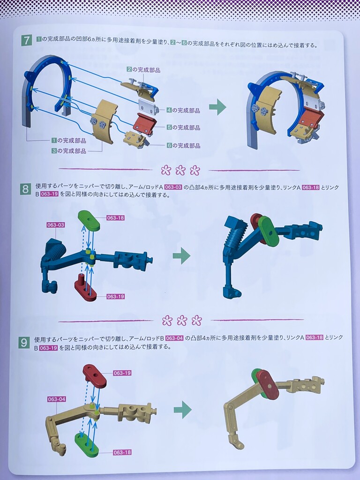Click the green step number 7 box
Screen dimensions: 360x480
(x=27, y=40)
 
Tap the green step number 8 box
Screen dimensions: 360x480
(x=25, y=189)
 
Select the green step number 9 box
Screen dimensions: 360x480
(x=24, y=342)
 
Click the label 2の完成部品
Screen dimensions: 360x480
(x=143, y=70)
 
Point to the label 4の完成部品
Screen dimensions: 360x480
(x=183, y=110)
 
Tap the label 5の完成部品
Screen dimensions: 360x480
(x=183, y=127)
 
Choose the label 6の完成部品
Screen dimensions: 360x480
(x=183, y=145)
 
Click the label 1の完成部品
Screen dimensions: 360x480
(x=69, y=141)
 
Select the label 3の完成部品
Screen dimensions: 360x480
(x=69, y=151)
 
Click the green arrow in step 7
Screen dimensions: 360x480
(x=217, y=107)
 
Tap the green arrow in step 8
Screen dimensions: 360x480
(x=181, y=255)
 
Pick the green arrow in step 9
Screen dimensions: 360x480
(x=183, y=410)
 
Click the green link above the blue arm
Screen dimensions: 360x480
(x=89, y=220)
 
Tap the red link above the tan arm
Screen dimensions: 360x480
(x=95, y=375)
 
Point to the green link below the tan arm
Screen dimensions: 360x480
(x=87, y=443)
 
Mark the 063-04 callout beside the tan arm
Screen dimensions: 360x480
(x=57, y=399)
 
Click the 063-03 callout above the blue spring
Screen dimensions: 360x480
(x=56, y=225)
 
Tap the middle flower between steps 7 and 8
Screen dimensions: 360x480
(x=180, y=170)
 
